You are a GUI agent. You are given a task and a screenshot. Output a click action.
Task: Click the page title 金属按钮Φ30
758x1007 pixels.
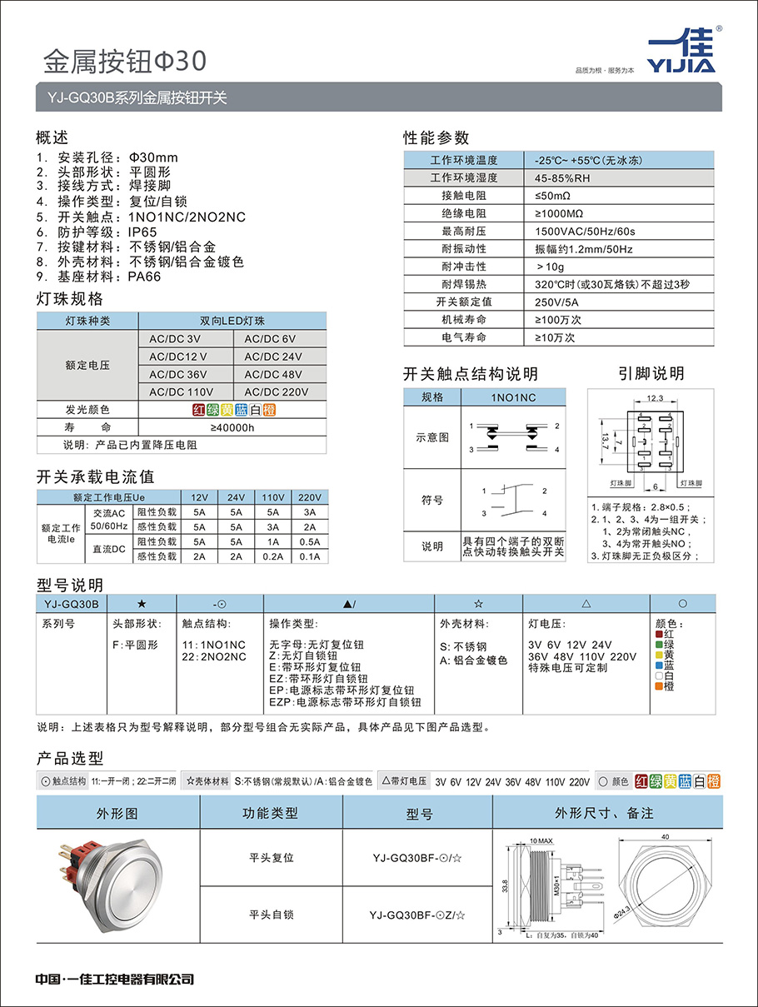tap(123, 61)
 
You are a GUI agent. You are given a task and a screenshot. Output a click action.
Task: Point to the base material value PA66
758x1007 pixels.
tap(143, 277)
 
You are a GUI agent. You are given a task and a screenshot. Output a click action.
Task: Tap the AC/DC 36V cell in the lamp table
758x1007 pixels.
tap(178, 374)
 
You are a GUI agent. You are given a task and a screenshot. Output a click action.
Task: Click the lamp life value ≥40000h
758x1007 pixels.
tap(232, 427)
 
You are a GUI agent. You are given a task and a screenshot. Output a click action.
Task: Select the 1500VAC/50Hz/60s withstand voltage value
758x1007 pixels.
tap(585, 231)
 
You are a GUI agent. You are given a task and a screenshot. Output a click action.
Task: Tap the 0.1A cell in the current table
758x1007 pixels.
tap(310, 556)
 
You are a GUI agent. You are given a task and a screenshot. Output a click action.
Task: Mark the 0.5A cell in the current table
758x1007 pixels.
tap(310, 541)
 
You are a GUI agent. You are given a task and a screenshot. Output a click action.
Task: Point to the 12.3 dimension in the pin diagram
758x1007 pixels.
tap(655, 399)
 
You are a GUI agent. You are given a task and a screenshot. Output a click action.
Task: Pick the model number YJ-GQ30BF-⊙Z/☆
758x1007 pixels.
tap(417, 915)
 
